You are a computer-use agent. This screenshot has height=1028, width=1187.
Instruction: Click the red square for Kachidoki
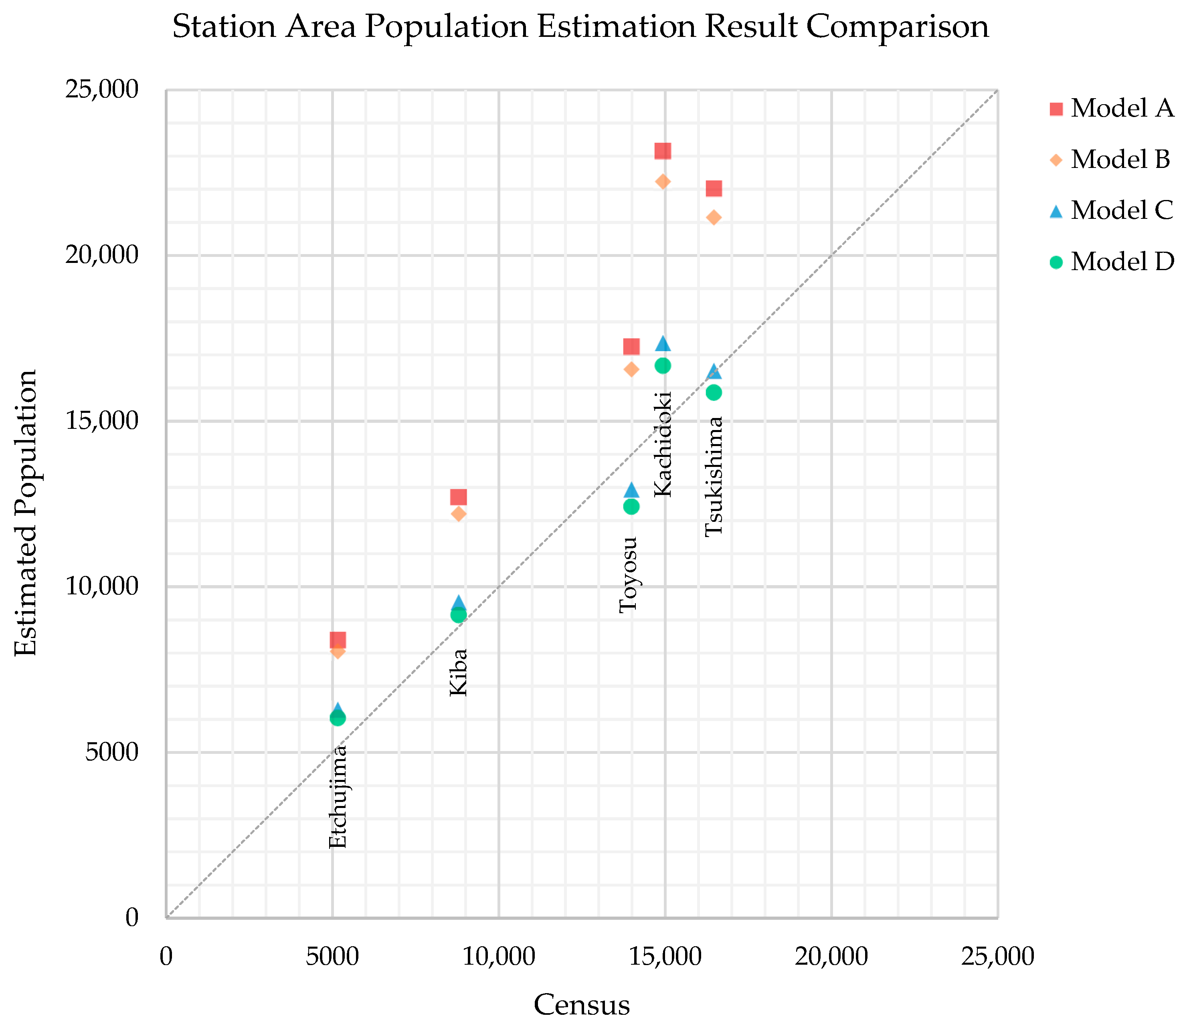coord(663,151)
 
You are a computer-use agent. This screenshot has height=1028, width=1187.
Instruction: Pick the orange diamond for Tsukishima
coord(713,217)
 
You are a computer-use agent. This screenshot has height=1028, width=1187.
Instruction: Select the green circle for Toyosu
coord(631,506)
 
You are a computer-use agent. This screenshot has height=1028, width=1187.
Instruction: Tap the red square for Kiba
coord(458,497)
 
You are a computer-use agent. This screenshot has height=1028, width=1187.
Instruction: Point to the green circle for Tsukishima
coord(713,392)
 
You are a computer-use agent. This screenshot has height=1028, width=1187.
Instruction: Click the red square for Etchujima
coord(338,640)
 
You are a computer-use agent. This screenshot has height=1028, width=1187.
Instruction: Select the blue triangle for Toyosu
coord(631,489)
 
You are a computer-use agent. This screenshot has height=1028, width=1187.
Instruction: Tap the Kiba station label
coord(458,673)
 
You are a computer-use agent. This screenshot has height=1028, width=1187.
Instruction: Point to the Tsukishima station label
coord(713,477)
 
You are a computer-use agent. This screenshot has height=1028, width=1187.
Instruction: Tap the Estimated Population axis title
coord(26,512)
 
